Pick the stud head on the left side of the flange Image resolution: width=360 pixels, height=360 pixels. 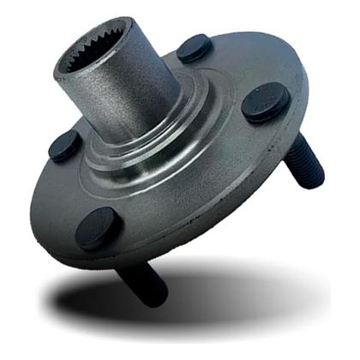point(63,146)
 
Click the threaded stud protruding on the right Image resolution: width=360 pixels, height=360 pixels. point(308,166)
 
